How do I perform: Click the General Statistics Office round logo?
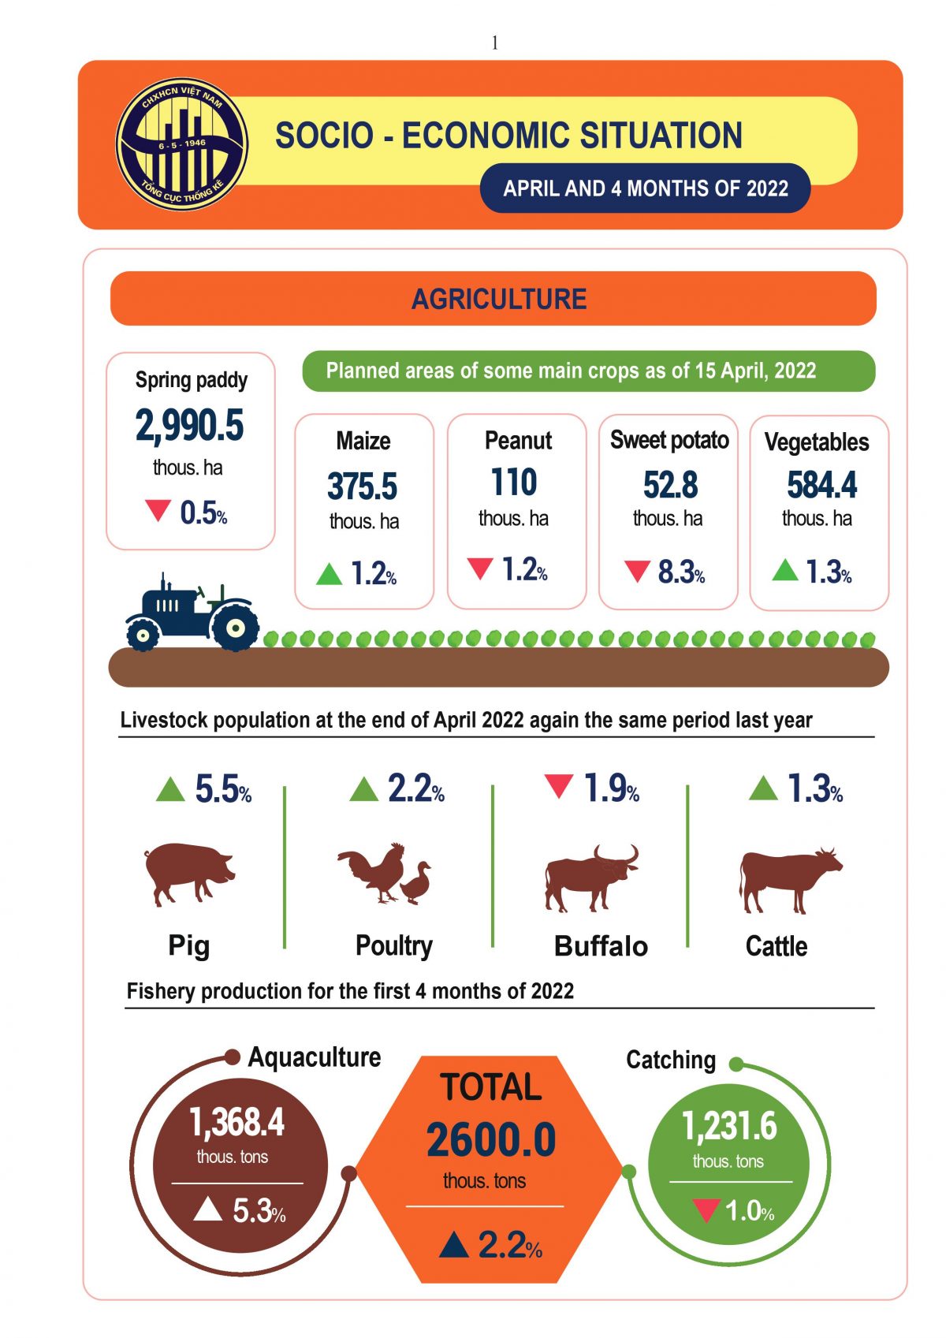(182, 144)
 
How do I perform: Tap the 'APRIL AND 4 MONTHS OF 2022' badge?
(645, 188)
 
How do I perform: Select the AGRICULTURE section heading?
(498, 299)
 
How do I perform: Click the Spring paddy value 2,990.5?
(190, 425)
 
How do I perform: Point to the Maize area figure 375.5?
(363, 486)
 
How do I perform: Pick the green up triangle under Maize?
(329, 573)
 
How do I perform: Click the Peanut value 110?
(514, 483)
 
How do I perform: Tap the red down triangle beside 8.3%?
(637, 571)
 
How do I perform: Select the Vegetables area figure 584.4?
(821, 484)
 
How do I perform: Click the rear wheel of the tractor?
(234, 628)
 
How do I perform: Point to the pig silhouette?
(188, 871)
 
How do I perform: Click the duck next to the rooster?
(417, 883)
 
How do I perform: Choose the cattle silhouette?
(788, 878)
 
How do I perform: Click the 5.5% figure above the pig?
(222, 788)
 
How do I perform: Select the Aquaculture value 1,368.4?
(236, 1121)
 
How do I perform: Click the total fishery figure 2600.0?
(491, 1139)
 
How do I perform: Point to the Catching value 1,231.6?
(729, 1125)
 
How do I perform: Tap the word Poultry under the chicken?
(394, 945)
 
